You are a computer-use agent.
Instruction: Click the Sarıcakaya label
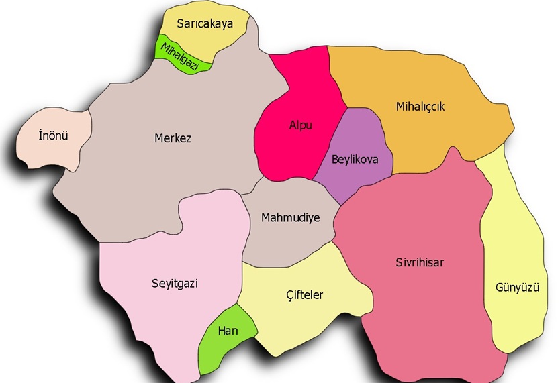tap(205, 25)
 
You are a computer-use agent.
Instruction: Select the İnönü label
tap(54, 136)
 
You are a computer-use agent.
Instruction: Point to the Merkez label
tap(173, 139)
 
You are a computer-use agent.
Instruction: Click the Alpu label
tap(300, 125)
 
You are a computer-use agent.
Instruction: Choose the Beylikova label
tap(355, 160)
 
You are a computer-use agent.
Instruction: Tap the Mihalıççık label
tap(420, 107)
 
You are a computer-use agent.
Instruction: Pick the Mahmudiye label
tap(290, 218)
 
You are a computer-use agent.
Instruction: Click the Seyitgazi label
tap(175, 283)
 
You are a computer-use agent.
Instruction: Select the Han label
tap(228, 331)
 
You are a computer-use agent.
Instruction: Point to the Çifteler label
tap(304, 295)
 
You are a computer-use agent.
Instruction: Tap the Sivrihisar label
tap(420, 262)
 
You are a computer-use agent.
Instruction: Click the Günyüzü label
tap(518, 288)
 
